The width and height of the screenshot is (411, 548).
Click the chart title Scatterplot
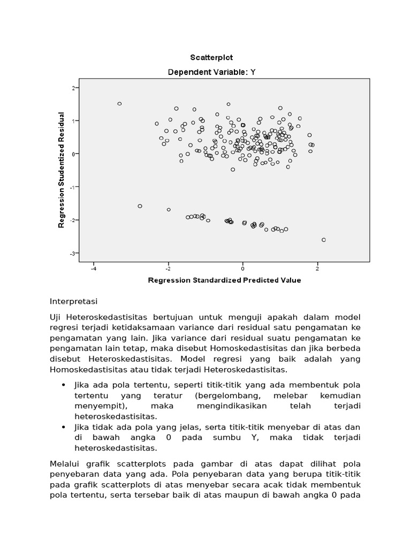pos(211,57)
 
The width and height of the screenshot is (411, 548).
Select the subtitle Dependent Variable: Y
pos(211,72)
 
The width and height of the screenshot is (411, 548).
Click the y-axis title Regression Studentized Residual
pos(62,170)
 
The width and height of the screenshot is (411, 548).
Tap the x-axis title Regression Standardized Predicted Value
pos(224,280)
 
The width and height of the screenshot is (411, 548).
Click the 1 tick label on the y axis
pos(73,120)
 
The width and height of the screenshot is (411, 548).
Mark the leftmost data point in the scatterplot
pos(119,104)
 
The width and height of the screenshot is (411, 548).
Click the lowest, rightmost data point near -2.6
pos(323,240)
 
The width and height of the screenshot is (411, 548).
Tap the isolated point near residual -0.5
pos(233,170)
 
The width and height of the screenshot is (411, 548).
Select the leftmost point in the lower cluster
pos(140,206)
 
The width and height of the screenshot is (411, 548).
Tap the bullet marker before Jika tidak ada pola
pos(64,427)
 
